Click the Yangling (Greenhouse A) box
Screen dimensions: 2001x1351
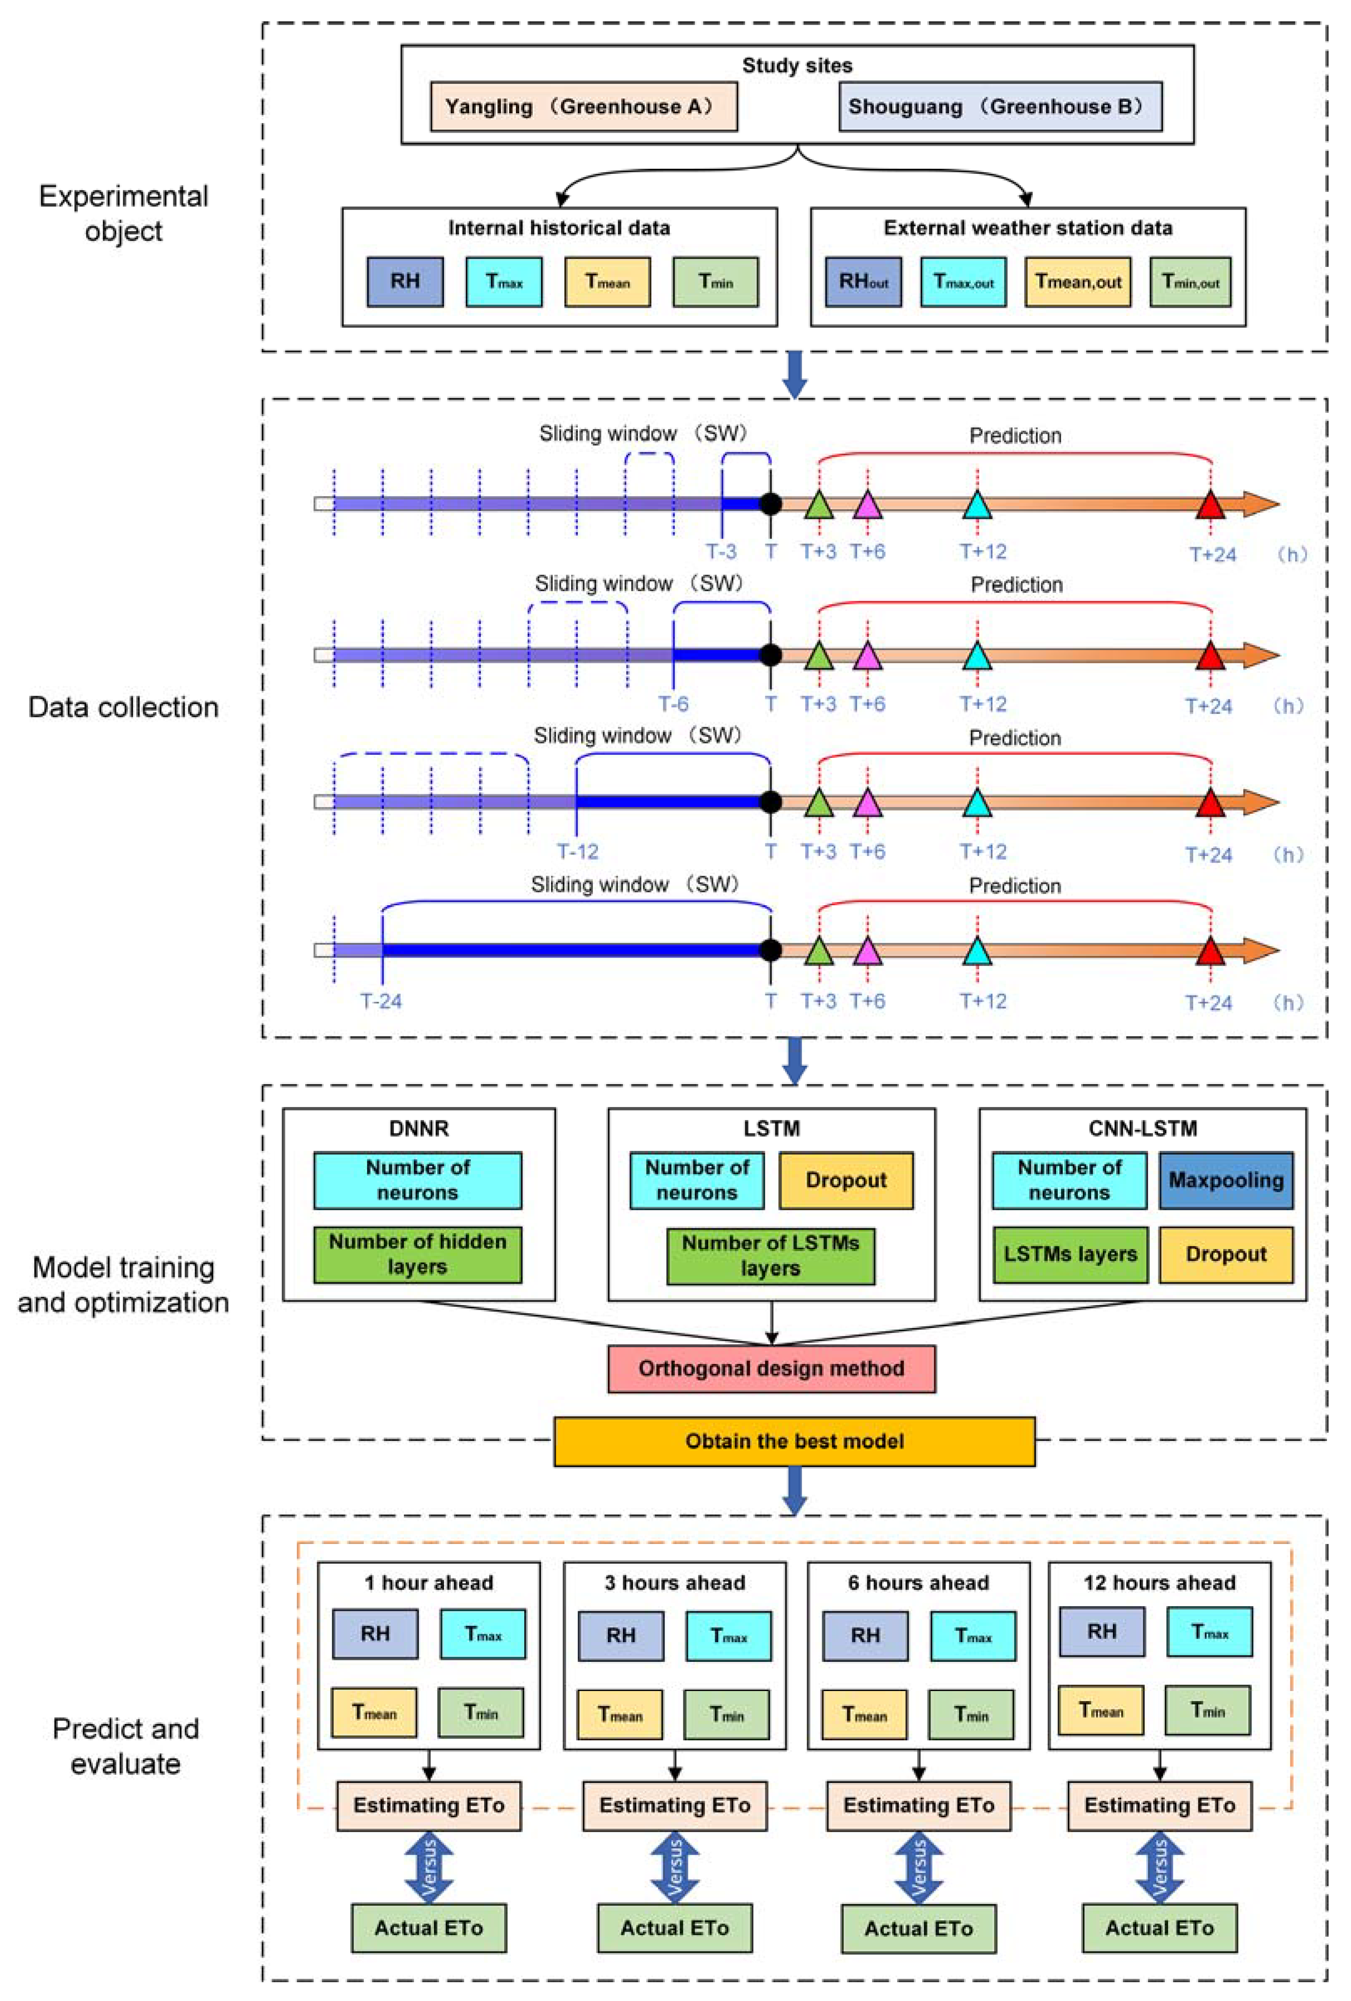pos(583,107)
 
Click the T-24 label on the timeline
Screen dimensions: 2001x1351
pos(381,1001)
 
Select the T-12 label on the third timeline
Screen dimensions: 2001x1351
pos(577,851)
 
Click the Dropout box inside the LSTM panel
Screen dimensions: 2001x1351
pos(846,1181)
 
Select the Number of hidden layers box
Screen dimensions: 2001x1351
pos(418,1254)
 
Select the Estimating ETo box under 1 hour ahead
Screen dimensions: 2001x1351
pos(429,1805)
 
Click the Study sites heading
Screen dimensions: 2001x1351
pos(797,66)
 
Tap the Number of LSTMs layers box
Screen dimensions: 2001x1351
pos(771,1255)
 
